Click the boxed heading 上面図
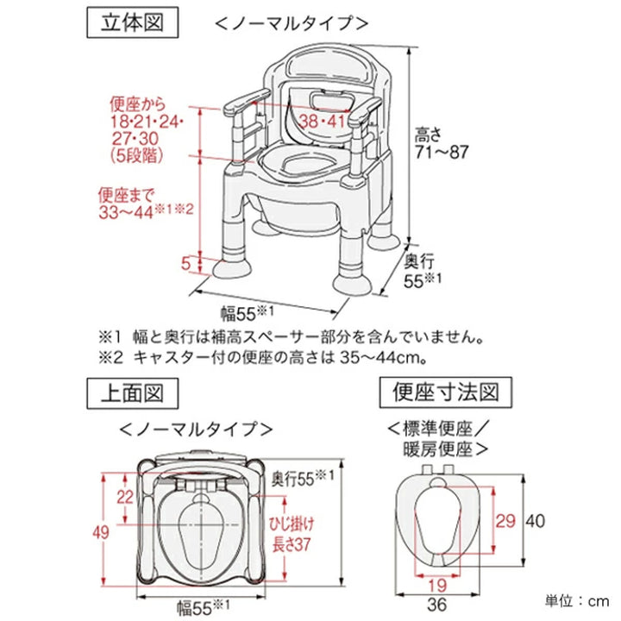point(134,394)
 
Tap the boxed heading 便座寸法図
point(440,394)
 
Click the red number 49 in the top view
point(103,531)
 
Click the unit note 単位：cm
point(575,599)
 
